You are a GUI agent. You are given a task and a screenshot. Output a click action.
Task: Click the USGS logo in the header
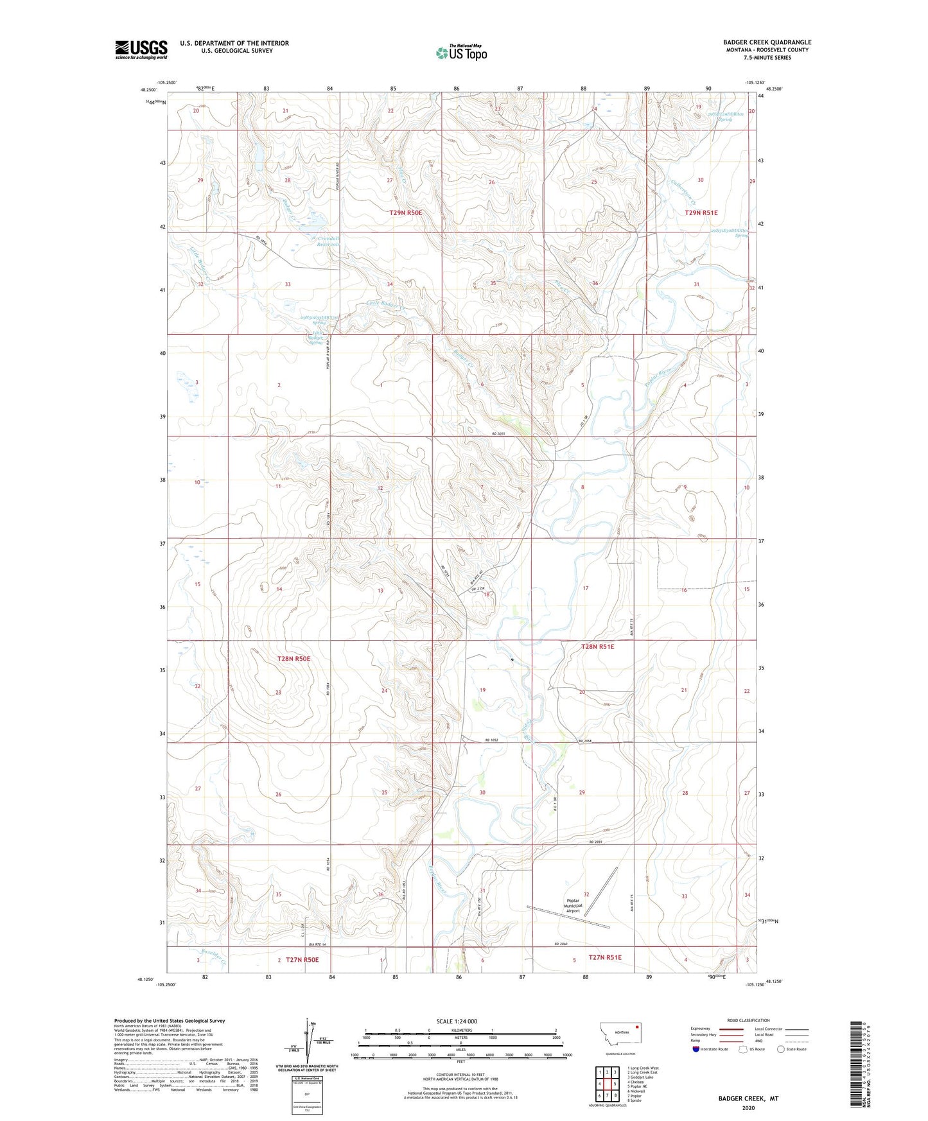141,49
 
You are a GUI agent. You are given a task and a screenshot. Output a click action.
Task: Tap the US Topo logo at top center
461,53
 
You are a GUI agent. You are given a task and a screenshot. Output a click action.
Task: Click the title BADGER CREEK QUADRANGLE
767,42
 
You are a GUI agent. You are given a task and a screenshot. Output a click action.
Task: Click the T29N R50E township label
406,213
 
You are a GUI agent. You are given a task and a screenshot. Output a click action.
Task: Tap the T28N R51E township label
597,647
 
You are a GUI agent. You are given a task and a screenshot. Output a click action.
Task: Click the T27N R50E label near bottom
302,960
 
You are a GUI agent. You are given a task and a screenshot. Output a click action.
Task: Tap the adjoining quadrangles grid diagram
606,1083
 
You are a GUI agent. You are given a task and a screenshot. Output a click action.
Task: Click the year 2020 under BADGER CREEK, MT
748,1108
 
